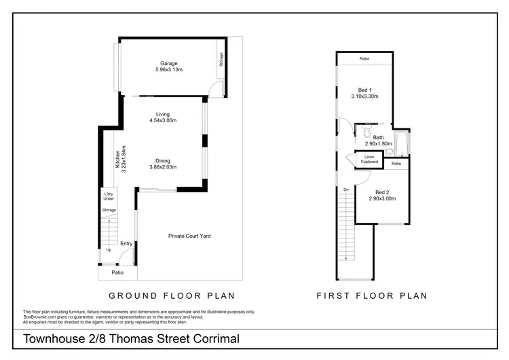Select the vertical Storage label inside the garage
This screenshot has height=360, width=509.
[221, 60]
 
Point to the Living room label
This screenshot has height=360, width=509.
[162, 114]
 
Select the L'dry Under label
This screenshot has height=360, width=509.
[109, 197]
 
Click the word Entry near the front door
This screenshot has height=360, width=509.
[126, 244]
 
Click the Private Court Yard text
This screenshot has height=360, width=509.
[189, 236]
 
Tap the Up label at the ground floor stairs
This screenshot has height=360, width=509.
[109, 250]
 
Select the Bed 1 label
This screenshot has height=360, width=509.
[365, 90]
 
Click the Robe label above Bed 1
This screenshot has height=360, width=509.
[364, 59]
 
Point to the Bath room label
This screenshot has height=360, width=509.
[377, 137]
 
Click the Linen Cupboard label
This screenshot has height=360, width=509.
[369, 159]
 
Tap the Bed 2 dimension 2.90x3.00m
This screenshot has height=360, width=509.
[382, 198]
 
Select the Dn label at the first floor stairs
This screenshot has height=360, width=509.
[346, 189]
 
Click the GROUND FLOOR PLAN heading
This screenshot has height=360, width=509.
[172, 295]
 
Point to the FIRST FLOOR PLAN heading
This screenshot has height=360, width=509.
[372, 295]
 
